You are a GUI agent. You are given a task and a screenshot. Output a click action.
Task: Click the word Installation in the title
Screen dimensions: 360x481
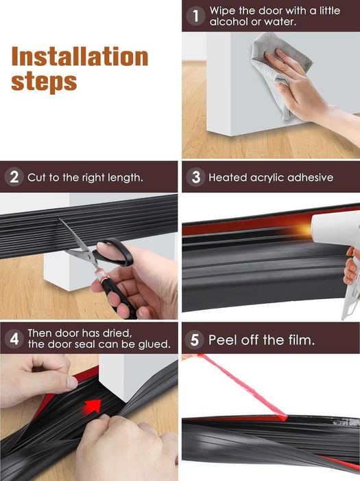coord(80,56)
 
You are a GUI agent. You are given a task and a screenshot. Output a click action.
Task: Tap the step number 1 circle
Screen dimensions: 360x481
coord(195,16)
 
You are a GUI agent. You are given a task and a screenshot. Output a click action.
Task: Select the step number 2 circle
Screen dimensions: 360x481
coord(14,177)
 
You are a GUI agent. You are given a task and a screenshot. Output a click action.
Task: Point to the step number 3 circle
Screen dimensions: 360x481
coord(196,177)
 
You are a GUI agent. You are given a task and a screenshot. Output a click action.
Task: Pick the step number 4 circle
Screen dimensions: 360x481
coord(14,339)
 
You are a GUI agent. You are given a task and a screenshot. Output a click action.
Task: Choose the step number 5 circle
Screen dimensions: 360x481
coord(195,340)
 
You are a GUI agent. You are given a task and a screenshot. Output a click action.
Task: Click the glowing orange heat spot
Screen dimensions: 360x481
coord(304,229)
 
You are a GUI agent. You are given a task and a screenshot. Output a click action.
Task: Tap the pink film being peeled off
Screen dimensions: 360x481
coord(242,387)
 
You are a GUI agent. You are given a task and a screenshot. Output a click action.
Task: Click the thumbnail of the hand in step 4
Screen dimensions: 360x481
coord(72,382)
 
